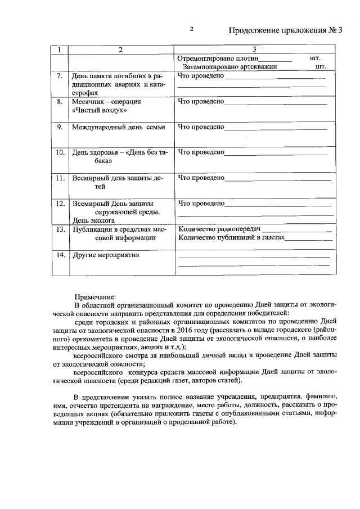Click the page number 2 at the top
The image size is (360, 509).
[191, 29]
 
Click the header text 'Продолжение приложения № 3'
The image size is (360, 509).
[286, 30]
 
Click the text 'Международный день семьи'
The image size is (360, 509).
[118, 127]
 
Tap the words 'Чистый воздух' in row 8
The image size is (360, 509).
[96, 111]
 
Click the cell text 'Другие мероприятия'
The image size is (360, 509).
[106, 255]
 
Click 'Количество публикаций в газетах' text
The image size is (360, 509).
[231, 238]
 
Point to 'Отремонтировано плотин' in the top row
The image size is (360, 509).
[217, 58]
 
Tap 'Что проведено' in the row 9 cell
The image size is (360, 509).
[200, 127]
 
